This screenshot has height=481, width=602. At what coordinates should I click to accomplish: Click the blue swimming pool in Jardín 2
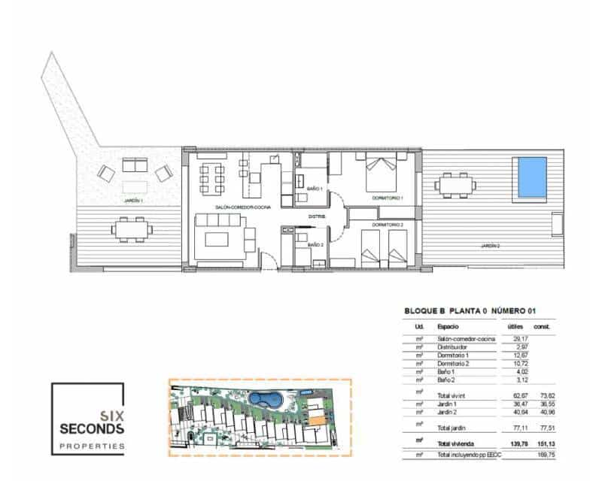(530, 177)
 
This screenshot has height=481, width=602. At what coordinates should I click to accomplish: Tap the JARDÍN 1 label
(133, 201)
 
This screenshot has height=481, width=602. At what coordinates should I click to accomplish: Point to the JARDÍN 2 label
(490, 246)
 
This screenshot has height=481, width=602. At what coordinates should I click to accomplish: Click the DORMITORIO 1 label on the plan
(388, 198)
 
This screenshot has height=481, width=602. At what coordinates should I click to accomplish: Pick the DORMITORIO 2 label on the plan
(388, 225)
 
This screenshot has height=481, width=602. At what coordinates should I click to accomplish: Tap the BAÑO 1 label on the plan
(315, 189)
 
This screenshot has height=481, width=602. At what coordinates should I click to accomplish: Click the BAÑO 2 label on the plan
(315, 245)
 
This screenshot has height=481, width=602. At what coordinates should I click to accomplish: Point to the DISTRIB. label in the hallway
(317, 218)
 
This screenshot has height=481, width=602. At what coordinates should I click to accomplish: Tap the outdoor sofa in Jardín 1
(135, 165)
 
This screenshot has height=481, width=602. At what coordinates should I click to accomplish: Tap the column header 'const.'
(542, 327)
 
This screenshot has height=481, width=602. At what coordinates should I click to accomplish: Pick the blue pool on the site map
(266, 398)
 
